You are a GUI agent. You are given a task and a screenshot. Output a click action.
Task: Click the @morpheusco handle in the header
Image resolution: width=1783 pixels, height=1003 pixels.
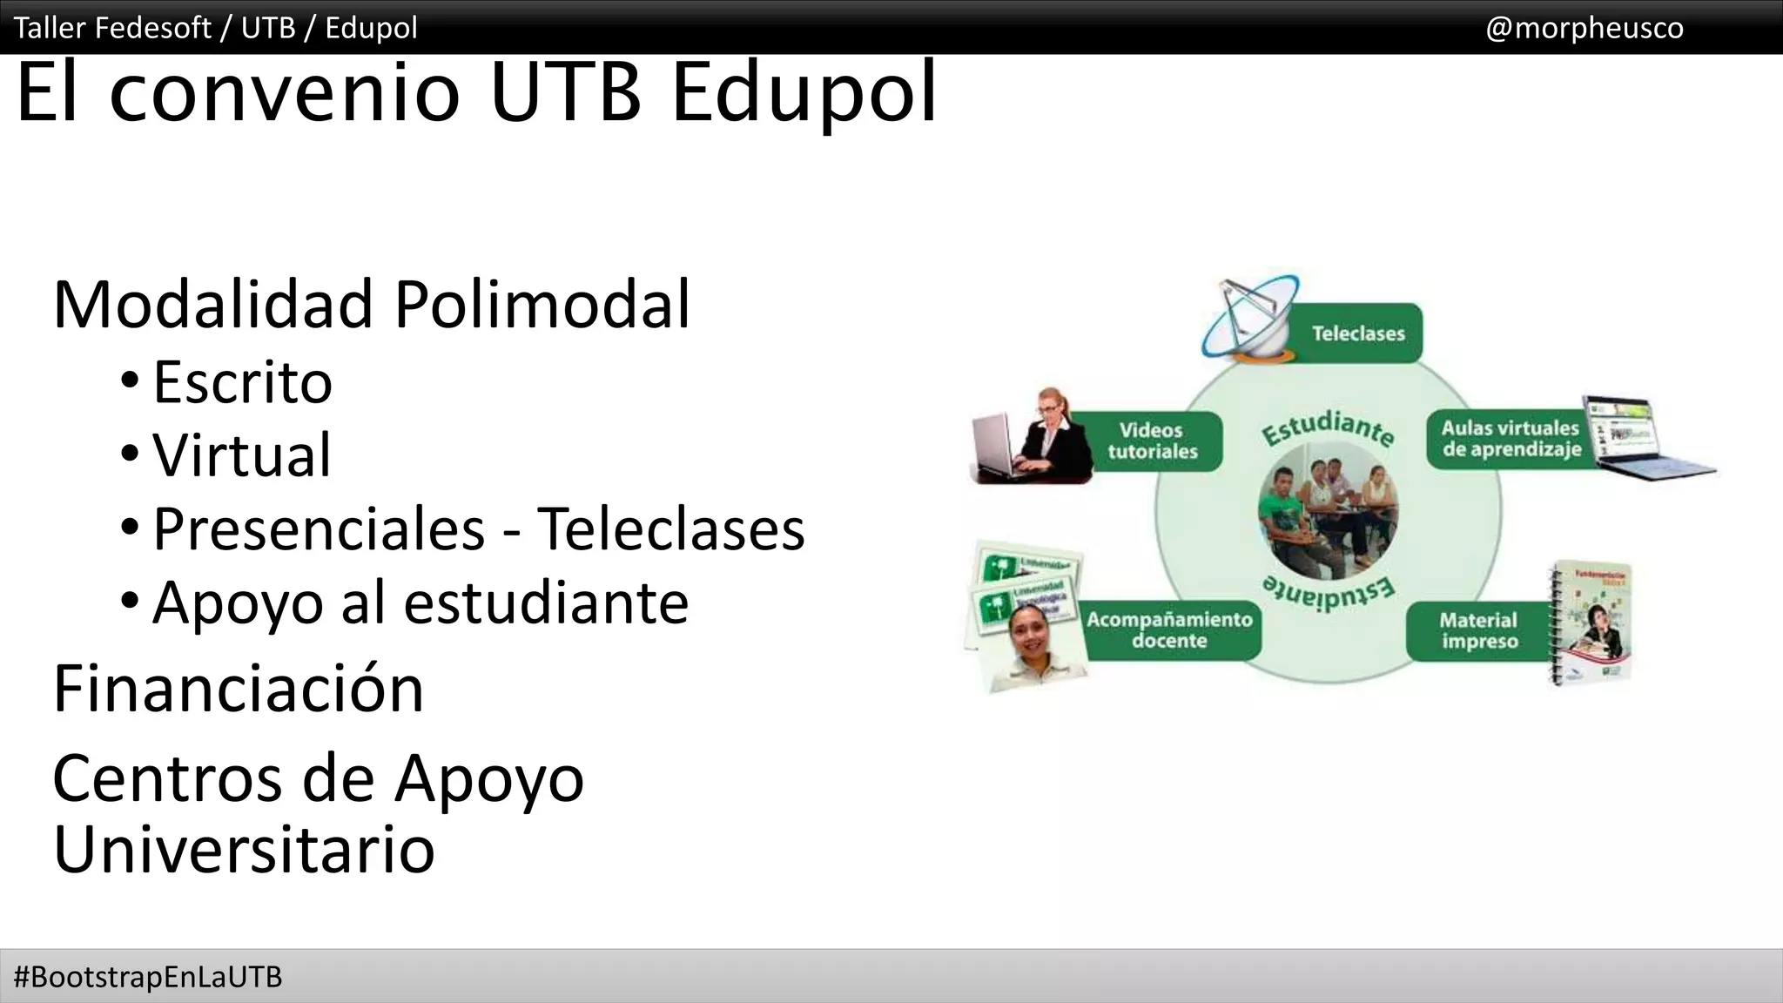click(1584, 28)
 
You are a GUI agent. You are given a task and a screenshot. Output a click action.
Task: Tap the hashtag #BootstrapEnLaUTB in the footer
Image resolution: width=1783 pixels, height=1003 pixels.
click(148, 977)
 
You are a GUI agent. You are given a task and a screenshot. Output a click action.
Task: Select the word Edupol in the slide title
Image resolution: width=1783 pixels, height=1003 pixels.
click(804, 91)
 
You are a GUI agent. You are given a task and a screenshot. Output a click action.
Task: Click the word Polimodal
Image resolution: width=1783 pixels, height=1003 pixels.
click(542, 305)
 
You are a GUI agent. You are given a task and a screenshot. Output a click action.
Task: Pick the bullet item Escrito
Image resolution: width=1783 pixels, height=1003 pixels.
click(242, 382)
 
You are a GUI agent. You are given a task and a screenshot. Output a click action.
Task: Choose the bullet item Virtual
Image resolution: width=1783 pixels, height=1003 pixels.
click(242, 455)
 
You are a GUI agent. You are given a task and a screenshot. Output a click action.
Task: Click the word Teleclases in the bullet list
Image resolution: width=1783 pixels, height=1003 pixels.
click(670, 528)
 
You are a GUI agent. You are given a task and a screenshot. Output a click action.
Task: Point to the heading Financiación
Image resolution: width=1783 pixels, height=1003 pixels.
click(238, 689)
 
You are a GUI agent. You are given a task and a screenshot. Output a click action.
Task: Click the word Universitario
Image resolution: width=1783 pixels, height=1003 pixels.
click(244, 849)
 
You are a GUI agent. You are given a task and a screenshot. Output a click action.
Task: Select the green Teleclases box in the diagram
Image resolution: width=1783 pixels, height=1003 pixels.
click(1356, 333)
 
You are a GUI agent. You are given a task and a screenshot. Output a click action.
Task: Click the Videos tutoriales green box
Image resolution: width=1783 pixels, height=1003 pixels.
click(1152, 441)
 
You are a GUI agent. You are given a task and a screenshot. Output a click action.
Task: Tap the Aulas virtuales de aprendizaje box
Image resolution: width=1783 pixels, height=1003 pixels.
click(1509, 439)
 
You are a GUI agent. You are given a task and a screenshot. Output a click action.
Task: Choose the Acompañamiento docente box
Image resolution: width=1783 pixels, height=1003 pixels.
click(1169, 630)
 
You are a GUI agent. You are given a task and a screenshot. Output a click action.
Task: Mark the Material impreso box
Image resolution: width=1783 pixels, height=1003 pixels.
click(1477, 630)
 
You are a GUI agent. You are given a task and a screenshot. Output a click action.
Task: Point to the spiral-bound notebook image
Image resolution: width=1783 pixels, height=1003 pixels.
click(1591, 623)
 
